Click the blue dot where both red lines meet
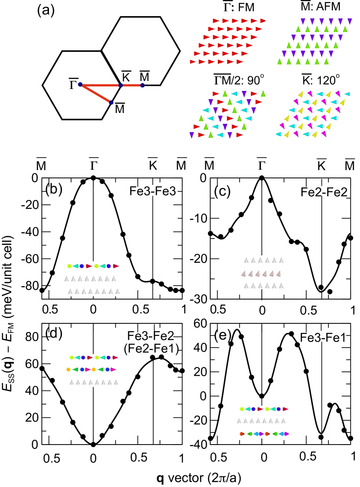point(80,84)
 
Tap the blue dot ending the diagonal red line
point(111,103)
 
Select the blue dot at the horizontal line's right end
point(143,85)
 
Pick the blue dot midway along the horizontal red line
point(120,85)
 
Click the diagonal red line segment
point(95,94)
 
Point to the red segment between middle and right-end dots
point(132,85)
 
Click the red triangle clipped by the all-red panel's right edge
point(263,21)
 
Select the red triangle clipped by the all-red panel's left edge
point(192,62)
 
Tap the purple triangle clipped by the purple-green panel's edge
point(350,21)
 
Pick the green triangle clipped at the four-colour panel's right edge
point(263,94)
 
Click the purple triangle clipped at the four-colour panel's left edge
point(191,135)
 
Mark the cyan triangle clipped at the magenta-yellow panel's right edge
point(347,94)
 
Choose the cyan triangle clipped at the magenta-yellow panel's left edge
point(278,134)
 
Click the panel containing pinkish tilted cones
point(262,272)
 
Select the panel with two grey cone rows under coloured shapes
point(93,279)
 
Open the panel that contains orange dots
point(94,371)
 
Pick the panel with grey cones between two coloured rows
point(264,422)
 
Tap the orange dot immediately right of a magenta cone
point(94,370)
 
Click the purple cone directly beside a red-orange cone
point(262,434)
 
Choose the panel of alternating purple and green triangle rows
point(315,42)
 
